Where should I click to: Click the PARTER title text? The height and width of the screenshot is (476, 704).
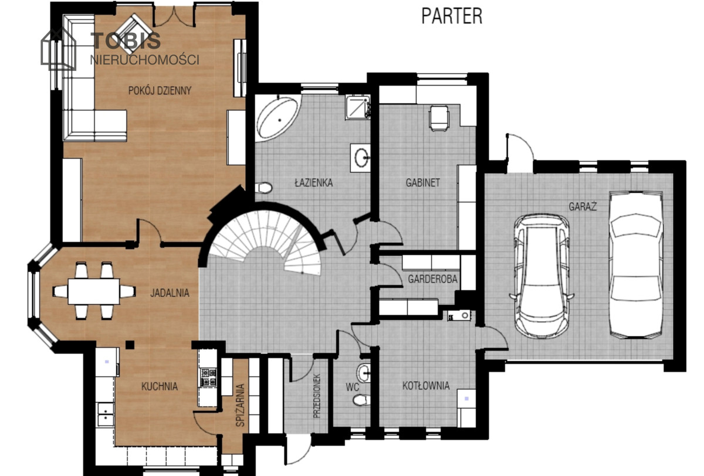click(x=452, y=16)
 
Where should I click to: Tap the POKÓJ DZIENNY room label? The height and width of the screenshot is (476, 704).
click(x=160, y=91)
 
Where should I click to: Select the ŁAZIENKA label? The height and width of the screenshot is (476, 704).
click(x=314, y=182)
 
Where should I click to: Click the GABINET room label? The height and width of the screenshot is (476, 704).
click(x=423, y=182)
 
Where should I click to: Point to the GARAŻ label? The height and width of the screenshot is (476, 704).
click(x=583, y=206)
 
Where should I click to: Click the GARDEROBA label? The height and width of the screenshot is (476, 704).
click(x=432, y=279)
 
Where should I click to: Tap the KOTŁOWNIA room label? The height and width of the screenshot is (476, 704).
click(x=426, y=386)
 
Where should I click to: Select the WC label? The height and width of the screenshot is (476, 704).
click(x=353, y=387)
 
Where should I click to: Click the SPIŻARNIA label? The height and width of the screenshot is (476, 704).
click(x=240, y=405)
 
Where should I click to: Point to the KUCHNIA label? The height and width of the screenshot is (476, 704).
click(x=160, y=386)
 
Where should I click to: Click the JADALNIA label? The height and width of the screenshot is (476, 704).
click(x=170, y=293)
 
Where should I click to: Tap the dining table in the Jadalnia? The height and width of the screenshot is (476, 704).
click(x=94, y=291)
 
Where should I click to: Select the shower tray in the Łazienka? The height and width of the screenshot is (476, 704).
click(x=358, y=107)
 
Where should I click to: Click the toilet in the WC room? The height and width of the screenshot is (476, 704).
click(x=361, y=400)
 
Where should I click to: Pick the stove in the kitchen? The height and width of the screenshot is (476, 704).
click(x=209, y=377)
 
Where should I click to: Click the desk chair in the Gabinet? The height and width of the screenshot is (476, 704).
click(x=439, y=118)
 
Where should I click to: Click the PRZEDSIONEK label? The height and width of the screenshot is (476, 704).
click(x=316, y=396)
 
